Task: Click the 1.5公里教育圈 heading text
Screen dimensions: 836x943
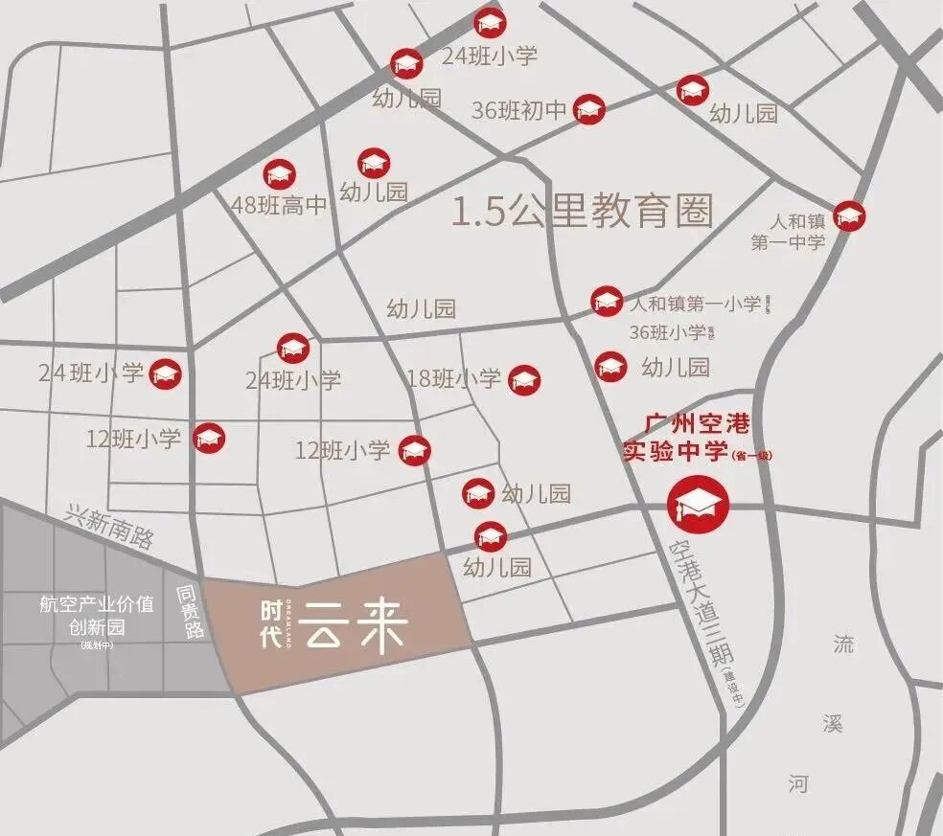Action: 583,212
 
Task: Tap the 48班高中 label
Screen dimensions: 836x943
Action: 280,205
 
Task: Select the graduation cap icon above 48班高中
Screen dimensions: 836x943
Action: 279,174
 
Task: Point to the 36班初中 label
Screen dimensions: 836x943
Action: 519,110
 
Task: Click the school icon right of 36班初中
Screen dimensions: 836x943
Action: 588,110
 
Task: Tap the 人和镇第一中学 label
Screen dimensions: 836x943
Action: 789,233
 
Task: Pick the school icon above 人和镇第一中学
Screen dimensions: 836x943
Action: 848,216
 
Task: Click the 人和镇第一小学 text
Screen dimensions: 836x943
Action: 697,305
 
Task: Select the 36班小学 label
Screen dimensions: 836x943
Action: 667,333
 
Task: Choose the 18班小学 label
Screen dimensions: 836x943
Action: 453,379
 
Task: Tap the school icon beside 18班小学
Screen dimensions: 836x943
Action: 524,380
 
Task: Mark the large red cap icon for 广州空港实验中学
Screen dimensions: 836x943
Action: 699,504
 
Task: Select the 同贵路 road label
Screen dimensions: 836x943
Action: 189,614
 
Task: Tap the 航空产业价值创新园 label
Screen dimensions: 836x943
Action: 96,616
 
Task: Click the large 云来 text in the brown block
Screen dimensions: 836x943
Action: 357,627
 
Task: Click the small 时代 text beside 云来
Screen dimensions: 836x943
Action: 273,624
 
